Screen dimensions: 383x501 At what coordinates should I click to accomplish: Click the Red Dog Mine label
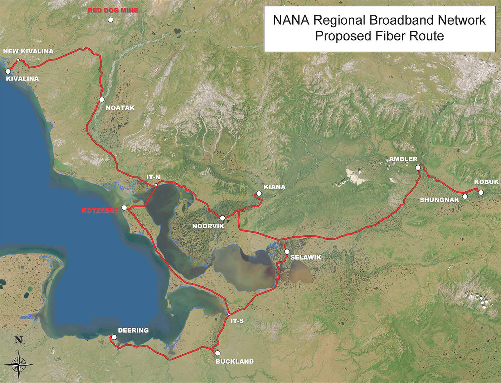click(x=113, y=11)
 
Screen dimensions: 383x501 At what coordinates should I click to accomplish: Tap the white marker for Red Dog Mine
click(x=111, y=20)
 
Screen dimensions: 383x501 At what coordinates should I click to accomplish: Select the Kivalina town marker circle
click(x=8, y=71)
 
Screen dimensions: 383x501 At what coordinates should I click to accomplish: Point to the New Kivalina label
click(x=28, y=52)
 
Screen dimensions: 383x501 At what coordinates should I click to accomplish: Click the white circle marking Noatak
click(x=102, y=100)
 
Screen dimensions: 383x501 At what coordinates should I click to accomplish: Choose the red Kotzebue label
click(x=99, y=210)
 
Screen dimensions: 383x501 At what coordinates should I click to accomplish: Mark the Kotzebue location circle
click(x=124, y=208)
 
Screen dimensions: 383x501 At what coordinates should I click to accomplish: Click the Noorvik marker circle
click(x=222, y=218)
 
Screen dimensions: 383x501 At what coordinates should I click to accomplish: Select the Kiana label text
click(x=274, y=187)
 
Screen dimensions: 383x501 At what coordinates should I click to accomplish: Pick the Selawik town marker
click(x=287, y=252)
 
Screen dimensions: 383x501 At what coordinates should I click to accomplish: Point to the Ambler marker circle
click(x=418, y=168)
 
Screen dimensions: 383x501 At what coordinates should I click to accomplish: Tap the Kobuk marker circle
click(x=481, y=192)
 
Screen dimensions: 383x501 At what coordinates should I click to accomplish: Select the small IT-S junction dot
click(x=229, y=315)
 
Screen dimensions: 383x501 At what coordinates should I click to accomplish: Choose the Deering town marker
click(x=114, y=337)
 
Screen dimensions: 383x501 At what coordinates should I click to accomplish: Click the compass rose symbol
click(x=20, y=363)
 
